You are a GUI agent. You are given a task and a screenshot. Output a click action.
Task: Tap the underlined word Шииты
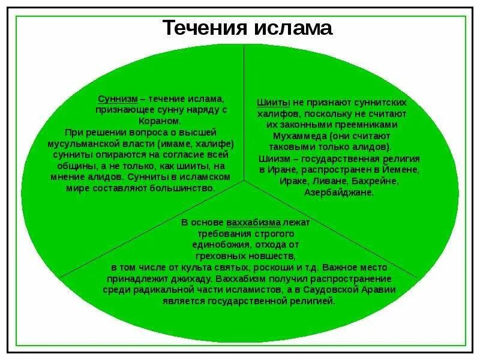271,103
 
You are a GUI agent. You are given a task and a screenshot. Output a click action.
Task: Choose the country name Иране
281,170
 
